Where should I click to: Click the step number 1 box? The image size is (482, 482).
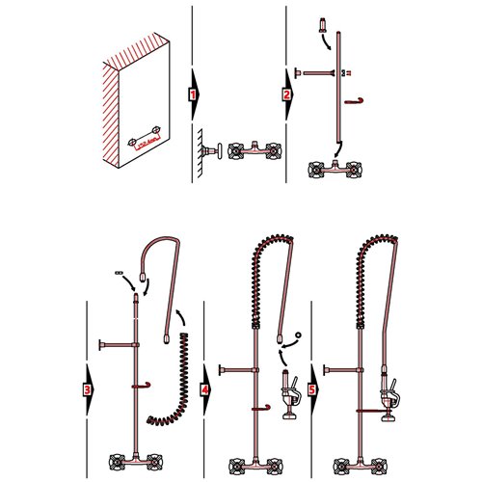point(193,96)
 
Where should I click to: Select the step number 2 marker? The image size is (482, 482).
point(287,95)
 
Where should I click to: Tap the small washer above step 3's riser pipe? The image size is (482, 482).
point(120,272)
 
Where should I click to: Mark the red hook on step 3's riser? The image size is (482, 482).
point(142,387)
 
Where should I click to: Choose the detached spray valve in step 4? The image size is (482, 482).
point(287,393)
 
